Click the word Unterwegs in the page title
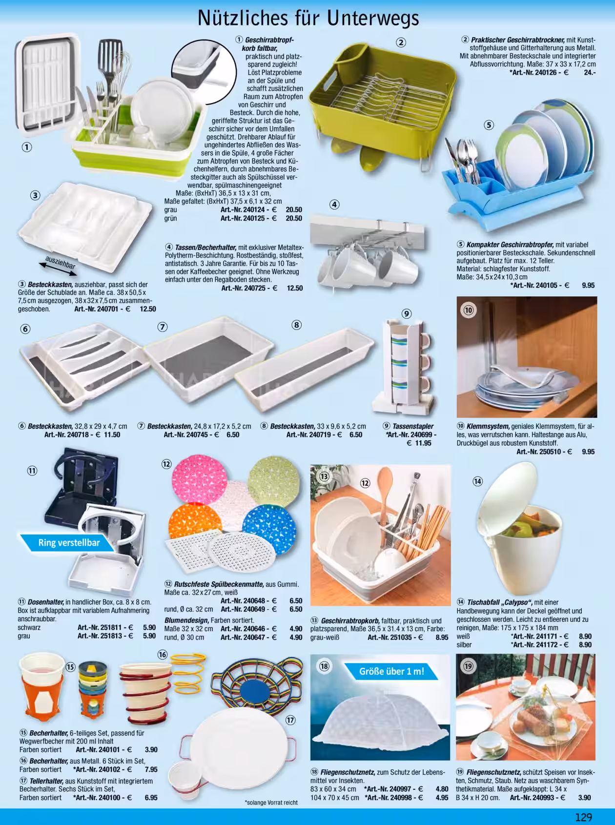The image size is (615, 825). pyautogui.click(x=373, y=18)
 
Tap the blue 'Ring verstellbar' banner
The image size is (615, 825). pyautogui.click(x=68, y=543)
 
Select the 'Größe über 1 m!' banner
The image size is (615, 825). pyautogui.click(x=391, y=671)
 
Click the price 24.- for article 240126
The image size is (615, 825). pyautogui.click(x=589, y=72)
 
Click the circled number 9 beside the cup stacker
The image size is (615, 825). pyautogui.click(x=407, y=313)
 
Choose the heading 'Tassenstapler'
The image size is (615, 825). pyautogui.click(x=413, y=426)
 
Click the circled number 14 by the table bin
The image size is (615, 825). pyautogui.click(x=477, y=481)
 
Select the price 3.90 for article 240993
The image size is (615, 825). pyautogui.click(x=584, y=798)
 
